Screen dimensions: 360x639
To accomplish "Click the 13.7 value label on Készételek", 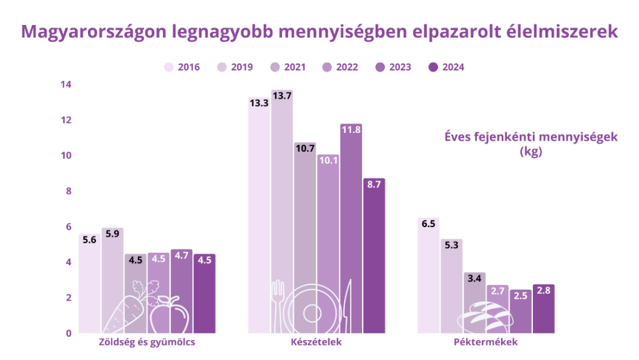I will tap(282, 95).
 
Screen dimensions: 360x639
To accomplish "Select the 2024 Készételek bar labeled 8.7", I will tap(374, 262).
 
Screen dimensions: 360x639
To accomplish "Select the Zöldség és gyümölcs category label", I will tap(147, 343).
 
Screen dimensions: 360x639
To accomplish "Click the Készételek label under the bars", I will tap(316, 343).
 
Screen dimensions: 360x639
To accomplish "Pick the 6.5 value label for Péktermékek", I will tap(429, 224).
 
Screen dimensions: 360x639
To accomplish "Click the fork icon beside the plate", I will tap(278, 306).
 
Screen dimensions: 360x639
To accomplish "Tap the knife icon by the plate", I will tap(348, 306).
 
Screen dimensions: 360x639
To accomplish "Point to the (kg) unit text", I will tap(530, 152).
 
